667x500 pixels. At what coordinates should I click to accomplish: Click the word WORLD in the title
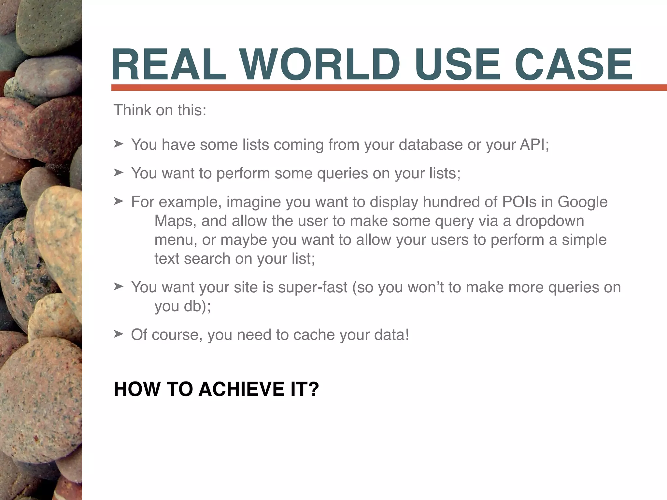point(320,64)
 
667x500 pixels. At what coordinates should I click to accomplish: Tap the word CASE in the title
point(573,64)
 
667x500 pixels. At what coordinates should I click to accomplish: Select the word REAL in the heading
point(169,64)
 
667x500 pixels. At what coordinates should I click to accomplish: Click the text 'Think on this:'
point(160,110)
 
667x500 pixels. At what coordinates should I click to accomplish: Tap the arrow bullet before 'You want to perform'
point(119,172)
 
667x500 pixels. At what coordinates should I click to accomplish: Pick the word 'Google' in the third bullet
point(582,202)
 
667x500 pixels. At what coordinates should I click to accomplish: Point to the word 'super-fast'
point(313,288)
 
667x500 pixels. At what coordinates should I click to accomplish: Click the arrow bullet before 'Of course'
point(119,334)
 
